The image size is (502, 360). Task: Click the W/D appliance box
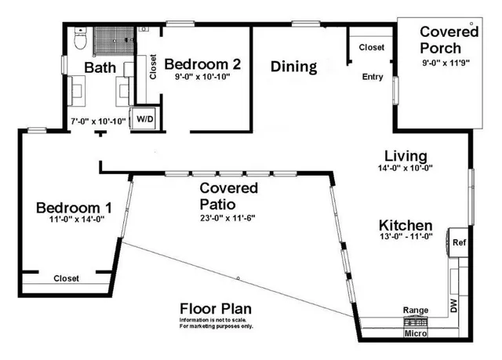coord(144,118)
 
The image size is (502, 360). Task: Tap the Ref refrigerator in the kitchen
coord(459,242)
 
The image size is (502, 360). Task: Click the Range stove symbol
coord(415,321)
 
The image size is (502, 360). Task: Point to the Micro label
coord(415,334)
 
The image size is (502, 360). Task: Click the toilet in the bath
coord(78,37)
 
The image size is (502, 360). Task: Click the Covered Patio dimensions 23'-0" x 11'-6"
coord(228,219)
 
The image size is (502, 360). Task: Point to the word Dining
coord(293,67)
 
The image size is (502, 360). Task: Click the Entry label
coord(372,77)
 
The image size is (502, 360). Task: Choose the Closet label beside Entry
coord(372,47)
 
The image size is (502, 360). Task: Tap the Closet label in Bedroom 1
coord(66,278)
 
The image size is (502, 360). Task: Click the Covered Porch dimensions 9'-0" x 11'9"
coord(449,63)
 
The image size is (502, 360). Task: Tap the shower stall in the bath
coord(111,39)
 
